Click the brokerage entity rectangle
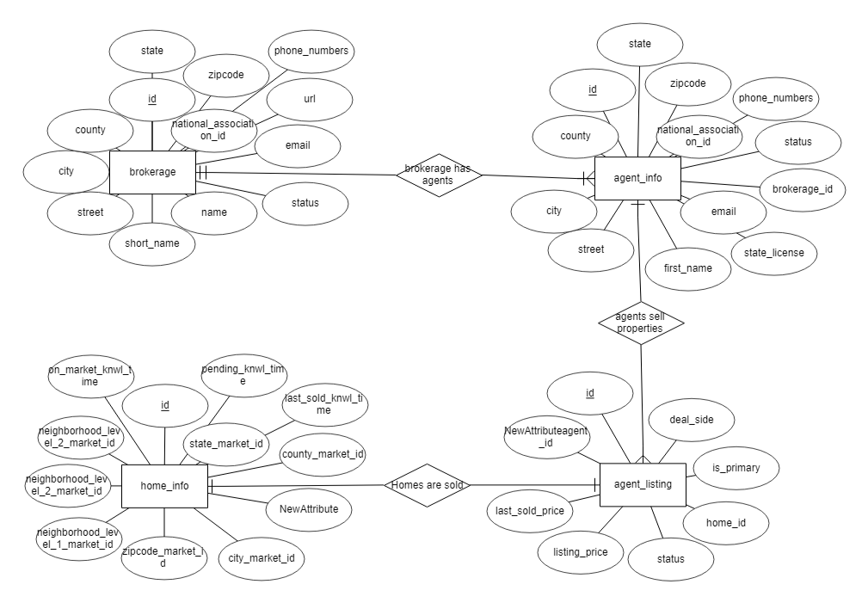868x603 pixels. coord(152,172)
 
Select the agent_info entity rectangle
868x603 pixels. coord(637,179)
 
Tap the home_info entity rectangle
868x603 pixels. coord(163,486)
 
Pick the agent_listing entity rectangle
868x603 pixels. coord(643,485)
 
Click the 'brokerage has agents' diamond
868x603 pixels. coord(438,175)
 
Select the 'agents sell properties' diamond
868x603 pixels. coord(641,323)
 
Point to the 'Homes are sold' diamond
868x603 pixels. coord(428,485)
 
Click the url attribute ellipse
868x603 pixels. coord(310,100)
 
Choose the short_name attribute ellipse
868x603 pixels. coord(152,243)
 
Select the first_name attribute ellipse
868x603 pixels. coord(688,268)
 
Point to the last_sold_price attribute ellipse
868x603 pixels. coord(530,511)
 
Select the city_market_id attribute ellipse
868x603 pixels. coord(262,558)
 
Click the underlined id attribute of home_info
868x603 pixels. coord(163,405)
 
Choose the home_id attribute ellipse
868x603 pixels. coord(725,521)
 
